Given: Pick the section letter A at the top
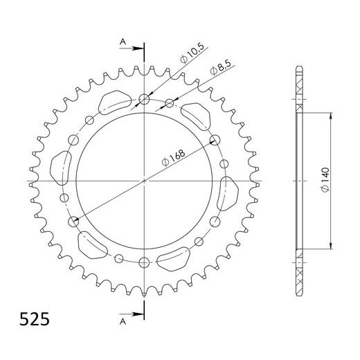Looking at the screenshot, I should point(123,42).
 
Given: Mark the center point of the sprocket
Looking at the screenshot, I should point(144,181).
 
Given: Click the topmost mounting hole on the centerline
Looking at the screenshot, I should point(144,100).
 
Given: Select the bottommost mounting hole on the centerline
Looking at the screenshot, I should point(144,262).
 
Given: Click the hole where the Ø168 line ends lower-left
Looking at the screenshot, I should point(73,222).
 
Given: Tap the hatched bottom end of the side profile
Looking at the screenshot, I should point(299,277).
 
